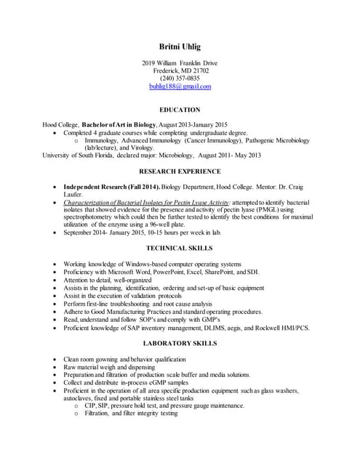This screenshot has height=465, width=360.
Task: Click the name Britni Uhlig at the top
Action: [180, 46]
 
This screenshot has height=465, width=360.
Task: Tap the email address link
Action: [180, 86]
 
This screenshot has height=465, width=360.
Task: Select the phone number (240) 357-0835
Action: [180, 78]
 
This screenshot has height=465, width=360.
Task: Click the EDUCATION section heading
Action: [180, 110]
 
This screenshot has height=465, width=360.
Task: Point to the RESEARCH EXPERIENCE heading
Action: [180, 171]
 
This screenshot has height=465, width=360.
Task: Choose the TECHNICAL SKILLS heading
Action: [180, 248]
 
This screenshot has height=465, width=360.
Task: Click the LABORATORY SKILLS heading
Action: [180, 344]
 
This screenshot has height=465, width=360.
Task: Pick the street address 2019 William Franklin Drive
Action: [180, 63]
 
